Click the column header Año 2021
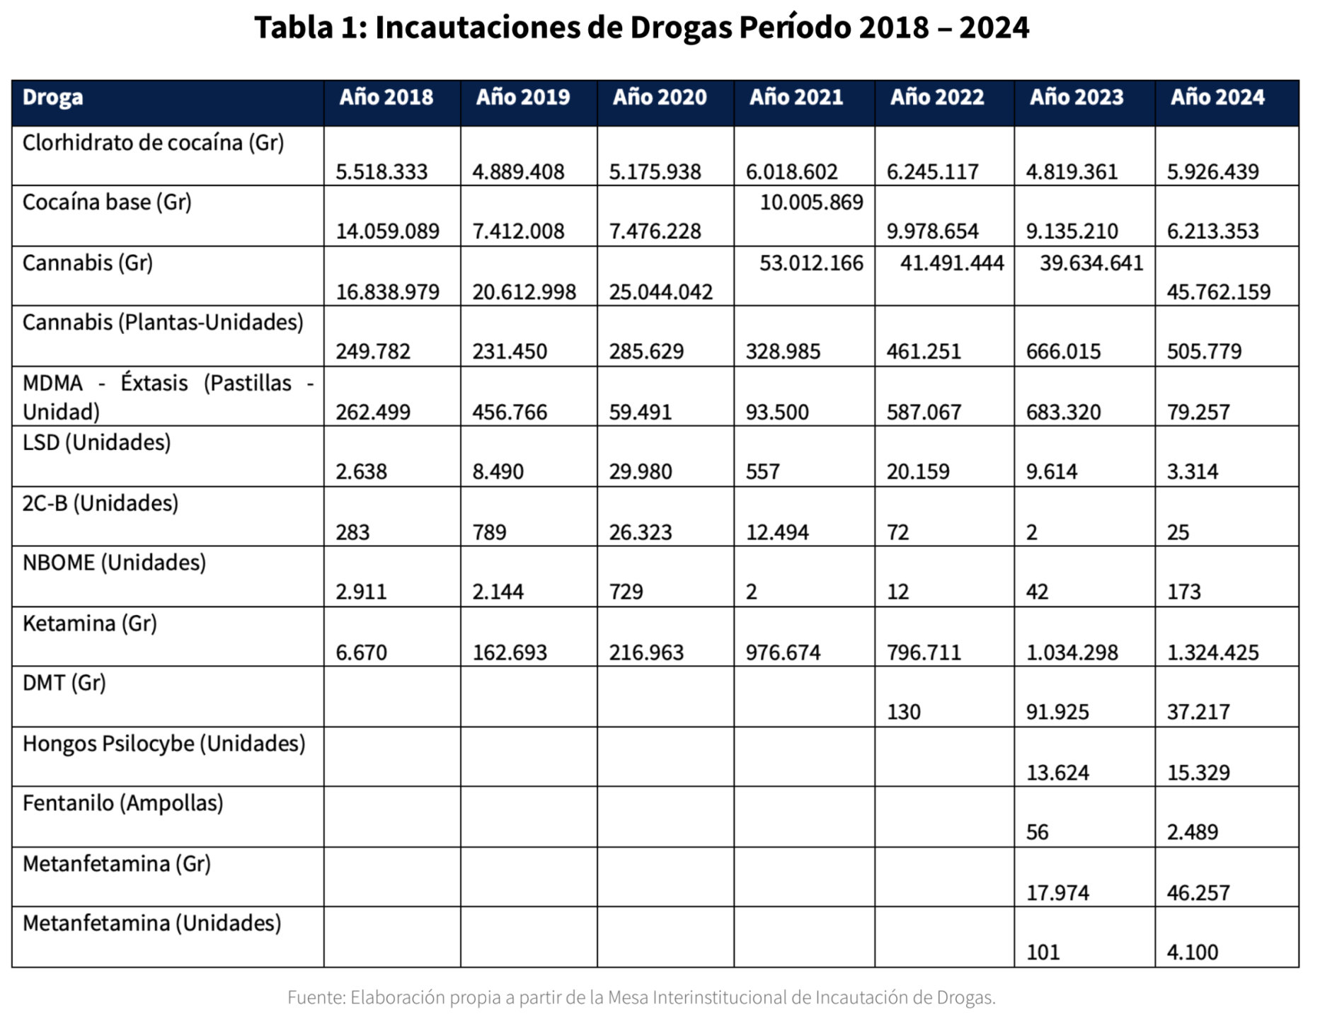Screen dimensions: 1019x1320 tap(796, 97)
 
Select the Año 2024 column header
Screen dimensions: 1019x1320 tap(1217, 97)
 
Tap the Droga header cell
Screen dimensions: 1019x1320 tap(52, 97)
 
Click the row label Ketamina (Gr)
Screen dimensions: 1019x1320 tap(89, 623)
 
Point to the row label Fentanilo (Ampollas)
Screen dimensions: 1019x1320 tap(122, 803)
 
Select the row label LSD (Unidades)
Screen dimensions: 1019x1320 tap(96, 443)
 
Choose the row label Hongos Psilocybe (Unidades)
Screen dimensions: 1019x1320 tap(163, 744)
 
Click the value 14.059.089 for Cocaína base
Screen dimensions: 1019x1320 tap(387, 231)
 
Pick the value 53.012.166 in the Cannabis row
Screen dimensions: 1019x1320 tap(811, 263)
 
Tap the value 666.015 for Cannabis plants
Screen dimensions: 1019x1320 tap(1063, 352)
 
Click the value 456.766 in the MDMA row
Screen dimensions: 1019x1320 tap(510, 412)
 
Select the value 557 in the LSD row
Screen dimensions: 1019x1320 tap(762, 472)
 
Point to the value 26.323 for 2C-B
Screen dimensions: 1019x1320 tap(640, 532)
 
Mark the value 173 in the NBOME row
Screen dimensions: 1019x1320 tap(1183, 592)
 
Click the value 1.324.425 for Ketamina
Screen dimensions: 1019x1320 tap(1212, 652)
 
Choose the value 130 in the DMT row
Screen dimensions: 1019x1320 tap(903, 712)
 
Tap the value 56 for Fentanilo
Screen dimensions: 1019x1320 tap(1037, 832)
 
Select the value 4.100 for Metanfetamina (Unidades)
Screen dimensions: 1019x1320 tap(1192, 952)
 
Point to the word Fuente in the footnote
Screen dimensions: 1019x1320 tap(316, 998)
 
